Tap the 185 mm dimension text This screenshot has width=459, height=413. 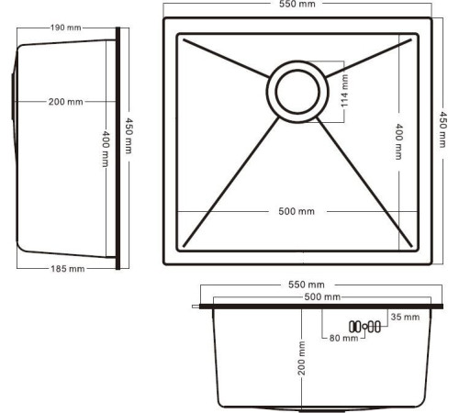click(x=65, y=269)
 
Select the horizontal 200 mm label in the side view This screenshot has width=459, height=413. click(x=65, y=101)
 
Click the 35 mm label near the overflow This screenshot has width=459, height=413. click(x=404, y=317)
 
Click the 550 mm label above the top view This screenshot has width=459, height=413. click(x=296, y=6)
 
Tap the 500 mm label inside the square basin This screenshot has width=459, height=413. click(x=296, y=212)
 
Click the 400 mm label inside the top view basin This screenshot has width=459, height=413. click(x=397, y=142)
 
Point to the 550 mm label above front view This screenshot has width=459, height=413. click(x=307, y=285)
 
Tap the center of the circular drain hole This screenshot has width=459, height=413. click(x=296, y=92)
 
